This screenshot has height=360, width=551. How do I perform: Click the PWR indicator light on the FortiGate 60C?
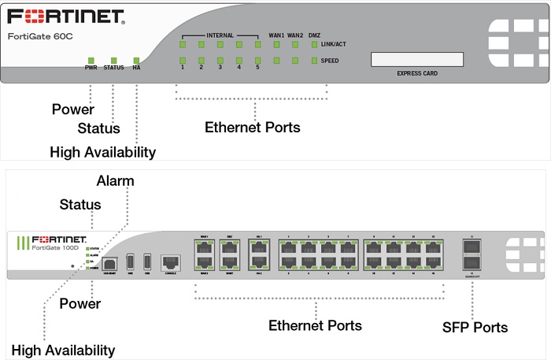91,60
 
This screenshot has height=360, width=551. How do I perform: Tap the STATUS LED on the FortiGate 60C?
113,60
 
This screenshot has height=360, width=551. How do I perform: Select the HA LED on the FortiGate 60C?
136,60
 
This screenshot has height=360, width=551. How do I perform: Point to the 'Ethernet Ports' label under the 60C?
252,127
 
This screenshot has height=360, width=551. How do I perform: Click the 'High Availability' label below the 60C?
102,151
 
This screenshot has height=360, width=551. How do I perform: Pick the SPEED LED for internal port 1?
183,60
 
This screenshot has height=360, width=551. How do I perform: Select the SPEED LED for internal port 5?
257,60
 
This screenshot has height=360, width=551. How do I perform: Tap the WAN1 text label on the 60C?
276,35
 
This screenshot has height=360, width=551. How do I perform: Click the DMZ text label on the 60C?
314,35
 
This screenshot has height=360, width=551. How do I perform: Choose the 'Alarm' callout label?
115,181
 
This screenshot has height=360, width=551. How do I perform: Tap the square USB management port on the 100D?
109,262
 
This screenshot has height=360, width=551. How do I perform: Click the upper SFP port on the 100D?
473,247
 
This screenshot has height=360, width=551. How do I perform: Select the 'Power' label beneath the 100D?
80,303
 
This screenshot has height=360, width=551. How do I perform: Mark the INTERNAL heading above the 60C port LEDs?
220,35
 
